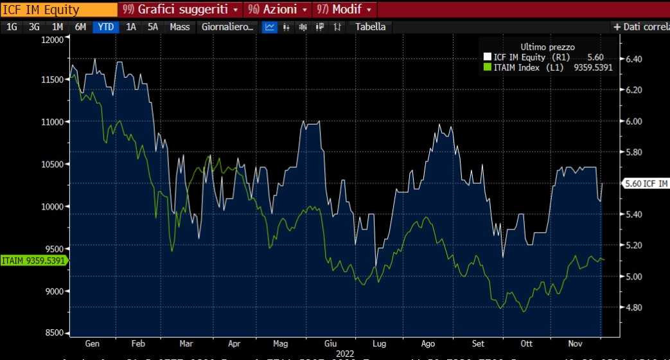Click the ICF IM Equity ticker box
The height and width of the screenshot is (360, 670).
point(58,10)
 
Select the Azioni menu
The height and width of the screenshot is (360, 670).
point(278,10)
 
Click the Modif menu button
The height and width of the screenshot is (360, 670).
point(344,10)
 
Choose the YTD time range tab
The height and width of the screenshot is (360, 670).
point(106,27)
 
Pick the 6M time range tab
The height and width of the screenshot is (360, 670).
point(80,27)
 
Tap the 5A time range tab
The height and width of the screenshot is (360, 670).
point(152,27)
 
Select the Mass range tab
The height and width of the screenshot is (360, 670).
point(179,27)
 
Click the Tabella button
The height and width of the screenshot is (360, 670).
point(370,27)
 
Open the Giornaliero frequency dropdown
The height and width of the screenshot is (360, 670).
point(228,27)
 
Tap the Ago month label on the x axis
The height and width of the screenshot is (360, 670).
point(428,343)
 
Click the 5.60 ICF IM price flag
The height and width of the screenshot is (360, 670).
point(645,183)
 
